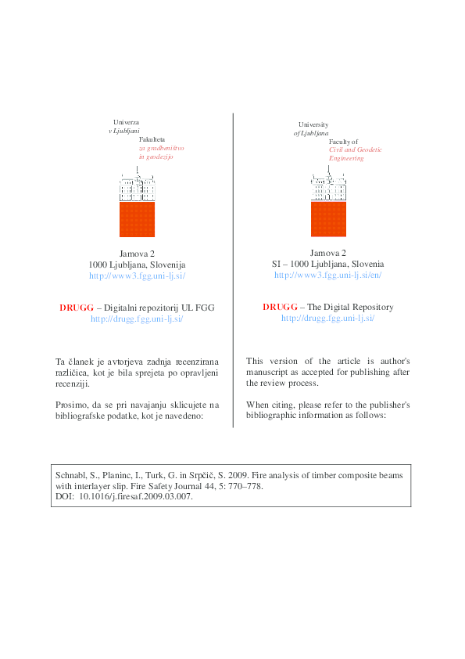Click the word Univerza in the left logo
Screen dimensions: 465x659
(x=126, y=123)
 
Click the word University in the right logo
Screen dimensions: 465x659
(x=313, y=124)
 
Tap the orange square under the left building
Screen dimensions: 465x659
(x=137, y=219)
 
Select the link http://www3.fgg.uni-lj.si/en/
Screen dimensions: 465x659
(x=328, y=275)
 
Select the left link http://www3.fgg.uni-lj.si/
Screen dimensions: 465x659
(x=137, y=275)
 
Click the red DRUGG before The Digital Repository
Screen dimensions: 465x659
(x=278, y=307)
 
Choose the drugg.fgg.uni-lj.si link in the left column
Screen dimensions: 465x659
(x=137, y=319)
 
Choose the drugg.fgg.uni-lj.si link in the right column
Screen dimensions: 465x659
(x=328, y=318)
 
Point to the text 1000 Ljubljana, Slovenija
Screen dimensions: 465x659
(x=137, y=265)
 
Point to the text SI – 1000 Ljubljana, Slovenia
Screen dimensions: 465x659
(x=328, y=265)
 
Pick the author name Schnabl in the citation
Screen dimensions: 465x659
(x=70, y=475)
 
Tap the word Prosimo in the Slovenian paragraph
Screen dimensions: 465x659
(x=71, y=404)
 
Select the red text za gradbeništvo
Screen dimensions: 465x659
(x=161, y=148)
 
